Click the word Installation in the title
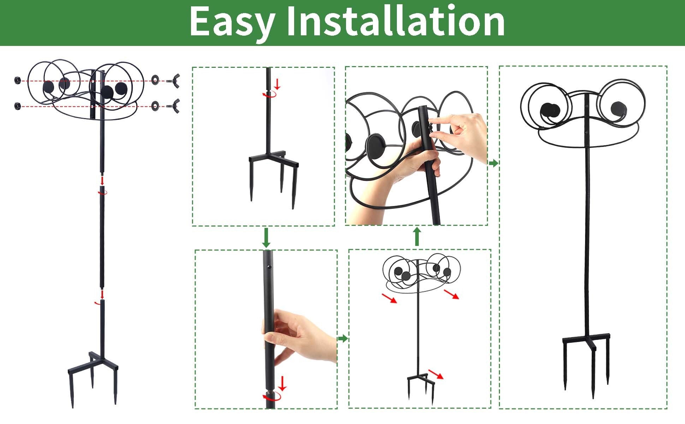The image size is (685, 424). (395, 22)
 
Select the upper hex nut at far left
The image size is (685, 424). (17, 80)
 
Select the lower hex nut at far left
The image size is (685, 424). (17, 105)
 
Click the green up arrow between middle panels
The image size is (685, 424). (417, 236)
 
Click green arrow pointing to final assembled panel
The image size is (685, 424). (494, 163)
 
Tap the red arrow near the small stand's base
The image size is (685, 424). (436, 374)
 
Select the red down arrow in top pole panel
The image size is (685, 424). (277, 84)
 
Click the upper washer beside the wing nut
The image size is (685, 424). (155, 80)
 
